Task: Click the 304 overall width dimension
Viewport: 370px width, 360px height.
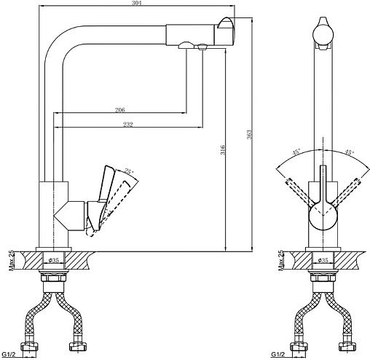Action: [136, 3]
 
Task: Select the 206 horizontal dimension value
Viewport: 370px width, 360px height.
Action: [119, 110]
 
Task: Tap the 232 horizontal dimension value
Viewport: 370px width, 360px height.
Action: [128, 125]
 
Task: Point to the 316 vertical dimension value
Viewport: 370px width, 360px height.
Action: [223, 149]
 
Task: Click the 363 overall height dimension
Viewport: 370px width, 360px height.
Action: [250, 135]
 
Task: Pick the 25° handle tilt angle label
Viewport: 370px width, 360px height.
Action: [129, 171]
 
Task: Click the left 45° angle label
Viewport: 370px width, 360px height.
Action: [296, 152]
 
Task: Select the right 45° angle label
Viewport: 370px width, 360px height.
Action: [349, 152]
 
